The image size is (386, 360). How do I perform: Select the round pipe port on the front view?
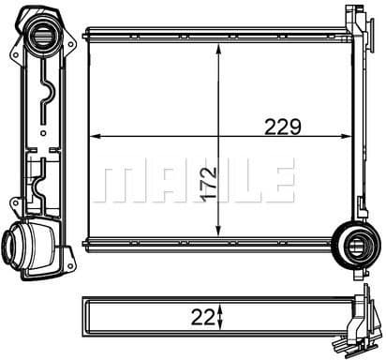tap(358, 247)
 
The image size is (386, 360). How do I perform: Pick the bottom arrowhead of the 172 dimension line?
tap(218, 234)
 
